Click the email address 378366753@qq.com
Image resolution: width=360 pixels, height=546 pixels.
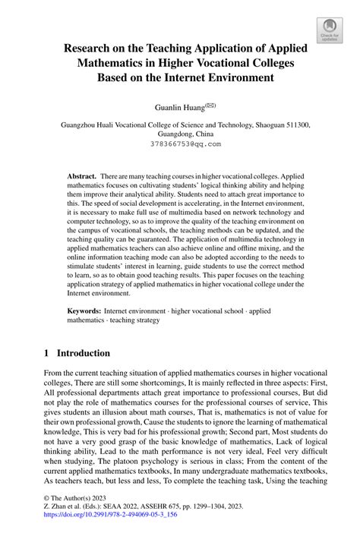click(179, 143)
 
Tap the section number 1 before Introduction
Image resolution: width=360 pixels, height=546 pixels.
click(47, 353)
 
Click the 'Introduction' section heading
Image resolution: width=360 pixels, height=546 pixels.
click(84, 353)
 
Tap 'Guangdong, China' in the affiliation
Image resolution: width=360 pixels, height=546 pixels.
click(179, 132)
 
